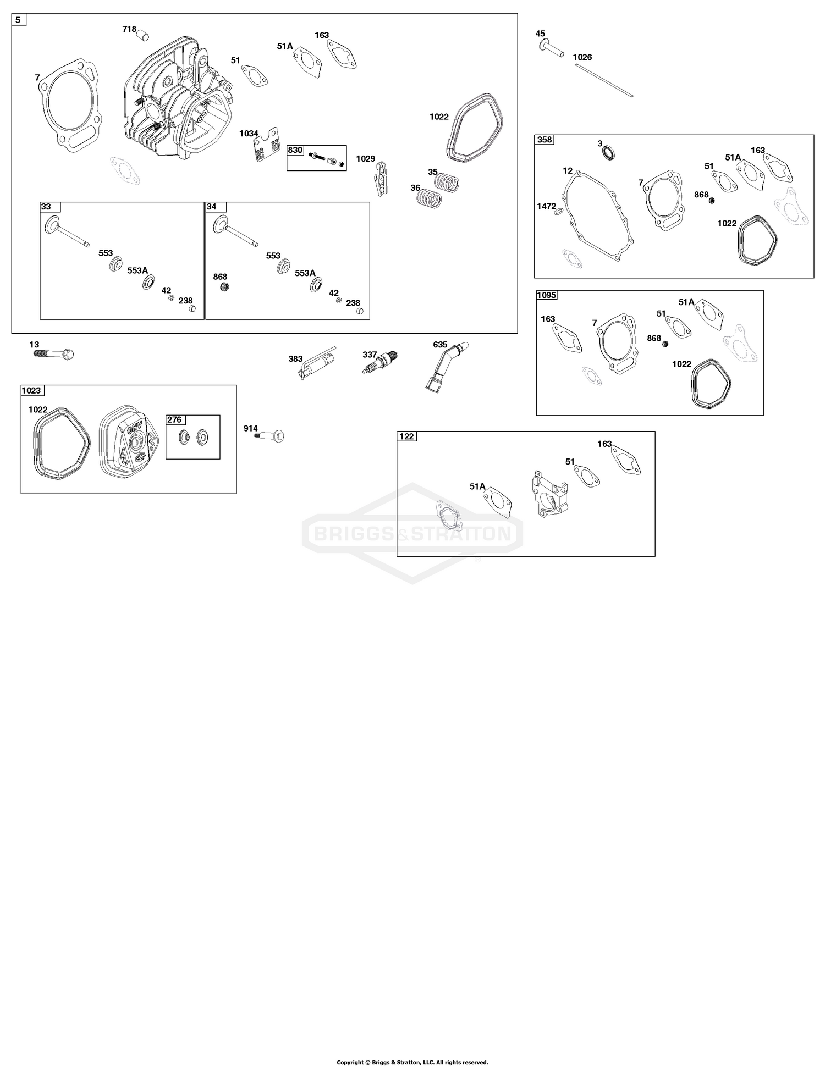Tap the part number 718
click(x=129, y=29)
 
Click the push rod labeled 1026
click(x=604, y=81)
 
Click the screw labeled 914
click(x=269, y=436)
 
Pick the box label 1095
click(x=547, y=295)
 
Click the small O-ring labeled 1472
click(x=559, y=213)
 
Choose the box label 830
click(x=295, y=150)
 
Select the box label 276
click(x=174, y=420)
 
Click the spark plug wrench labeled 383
click(x=317, y=363)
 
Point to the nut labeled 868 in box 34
click(x=224, y=287)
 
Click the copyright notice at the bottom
click(x=413, y=1062)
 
